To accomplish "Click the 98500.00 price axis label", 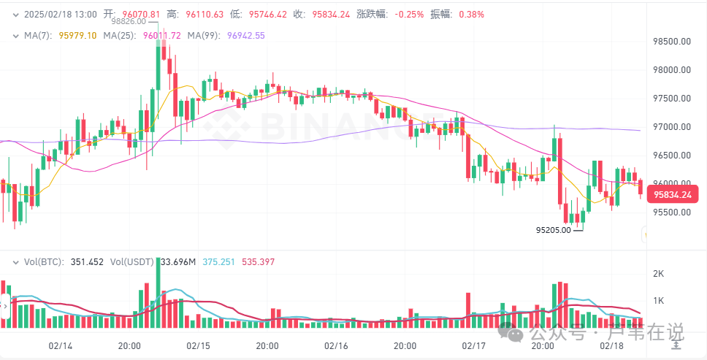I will tap(671, 42).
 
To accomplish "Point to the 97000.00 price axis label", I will tap(671, 127).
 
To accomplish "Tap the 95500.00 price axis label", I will tap(671, 212).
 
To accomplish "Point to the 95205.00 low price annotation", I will tap(554, 230).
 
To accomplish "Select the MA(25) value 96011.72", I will tap(161, 35).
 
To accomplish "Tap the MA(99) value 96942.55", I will tap(246, 35).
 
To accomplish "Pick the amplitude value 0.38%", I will tap(471, 15).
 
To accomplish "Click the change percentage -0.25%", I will tap(410, 15).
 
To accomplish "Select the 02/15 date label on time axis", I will tap(199, 345).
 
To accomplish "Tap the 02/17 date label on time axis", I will tap(474, 345).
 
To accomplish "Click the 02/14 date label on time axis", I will tap(61, 345).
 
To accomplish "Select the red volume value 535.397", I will tap(259, 261).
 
